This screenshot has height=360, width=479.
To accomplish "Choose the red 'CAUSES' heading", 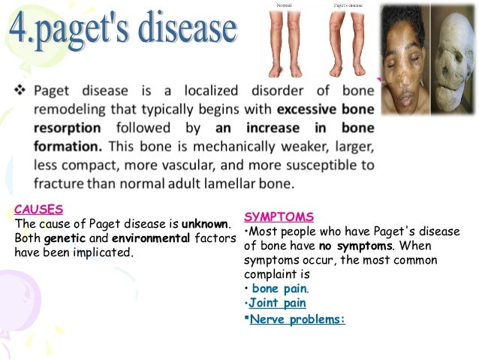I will tap(38, 209).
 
